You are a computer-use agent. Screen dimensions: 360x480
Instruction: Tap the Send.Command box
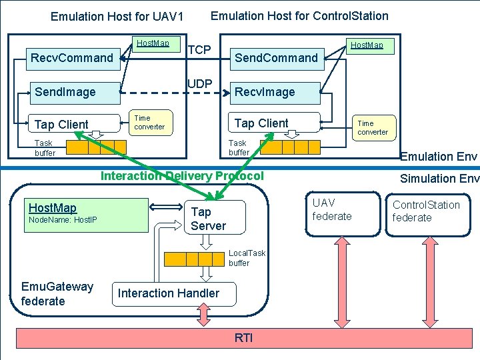[x=276, y=58]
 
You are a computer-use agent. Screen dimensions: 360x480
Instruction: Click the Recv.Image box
[x=276, y=92]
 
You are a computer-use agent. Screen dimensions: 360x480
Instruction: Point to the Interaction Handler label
[x=168, y=293]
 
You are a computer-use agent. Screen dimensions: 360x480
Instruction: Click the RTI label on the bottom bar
[x=243, y=338]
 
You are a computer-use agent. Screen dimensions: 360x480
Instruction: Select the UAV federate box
[x=332, y=209]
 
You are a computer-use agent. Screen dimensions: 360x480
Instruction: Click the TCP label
[x=199, y=51]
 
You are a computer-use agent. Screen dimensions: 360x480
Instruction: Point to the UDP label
[x=199, y=84]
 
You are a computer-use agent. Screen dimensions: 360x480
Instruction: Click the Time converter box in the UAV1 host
[x=149, y=122]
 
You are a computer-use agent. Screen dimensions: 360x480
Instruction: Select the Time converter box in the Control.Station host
[x=374, y=127]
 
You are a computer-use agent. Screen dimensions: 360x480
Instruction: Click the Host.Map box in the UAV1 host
[x=153, y=44]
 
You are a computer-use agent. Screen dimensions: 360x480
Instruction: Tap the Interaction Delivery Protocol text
[x=181, y=176]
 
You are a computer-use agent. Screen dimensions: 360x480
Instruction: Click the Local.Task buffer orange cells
[x=194, y=259]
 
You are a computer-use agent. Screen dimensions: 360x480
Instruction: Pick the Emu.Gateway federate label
[x=57, y=294]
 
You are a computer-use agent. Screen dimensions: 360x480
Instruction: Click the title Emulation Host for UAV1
[x=117, y=16]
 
